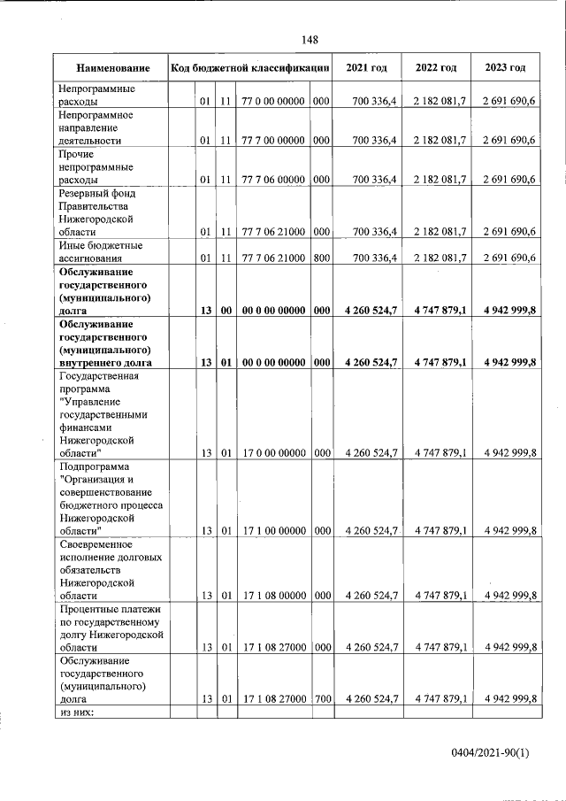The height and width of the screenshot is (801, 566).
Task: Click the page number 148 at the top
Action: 310,40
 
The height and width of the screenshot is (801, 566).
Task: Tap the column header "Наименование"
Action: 111,68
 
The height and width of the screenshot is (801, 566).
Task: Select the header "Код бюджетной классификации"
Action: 251,68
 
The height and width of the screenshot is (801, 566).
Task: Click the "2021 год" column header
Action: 366,68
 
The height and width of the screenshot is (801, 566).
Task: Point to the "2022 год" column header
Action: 436,68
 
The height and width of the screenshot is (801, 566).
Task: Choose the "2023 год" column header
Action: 505,68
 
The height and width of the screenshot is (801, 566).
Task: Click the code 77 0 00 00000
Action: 273,102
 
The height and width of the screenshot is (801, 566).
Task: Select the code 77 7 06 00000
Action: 273,180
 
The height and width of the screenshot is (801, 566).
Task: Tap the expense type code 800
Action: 321,258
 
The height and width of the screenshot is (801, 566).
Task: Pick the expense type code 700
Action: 321,699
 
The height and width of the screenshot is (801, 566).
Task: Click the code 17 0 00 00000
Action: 273,452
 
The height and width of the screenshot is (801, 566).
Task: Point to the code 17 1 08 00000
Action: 273,596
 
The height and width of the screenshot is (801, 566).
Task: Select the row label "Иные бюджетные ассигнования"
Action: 101,251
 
